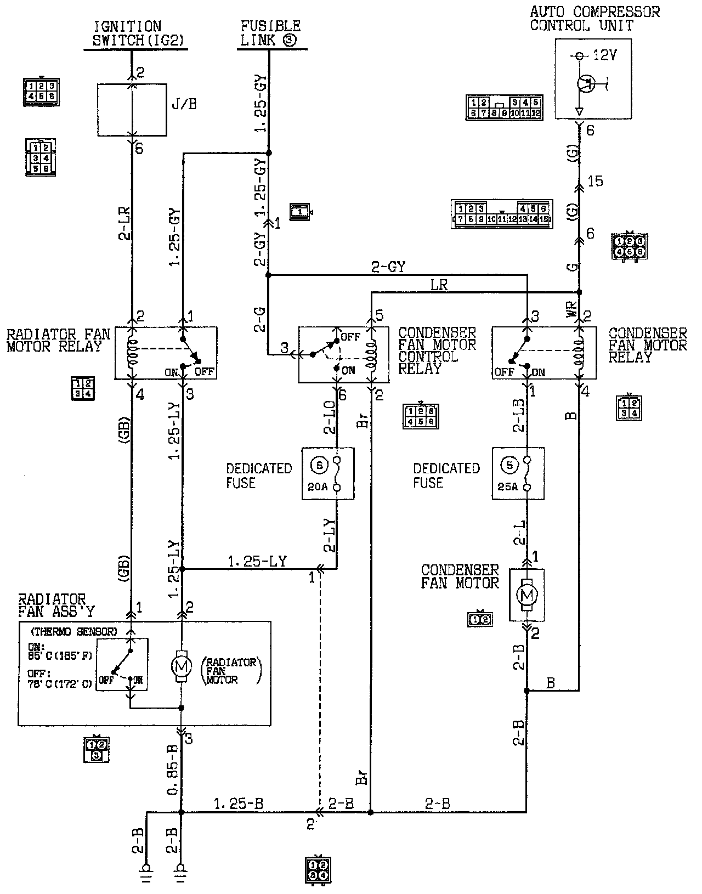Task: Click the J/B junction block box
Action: point(132,110)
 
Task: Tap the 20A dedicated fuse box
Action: point(327,473)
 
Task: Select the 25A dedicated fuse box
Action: point(518,473)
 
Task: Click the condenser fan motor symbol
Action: point(526,595)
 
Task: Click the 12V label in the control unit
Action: point(605,56)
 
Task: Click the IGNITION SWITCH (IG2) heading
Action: point(135,33)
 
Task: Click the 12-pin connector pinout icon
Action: point(504,107)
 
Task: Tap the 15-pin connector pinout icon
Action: point(501,214)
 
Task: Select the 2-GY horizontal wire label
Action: point(388,267)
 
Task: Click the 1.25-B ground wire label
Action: point(239,804)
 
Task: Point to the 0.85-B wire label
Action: point(171,771)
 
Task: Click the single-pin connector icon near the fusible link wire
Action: point(301,212)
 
